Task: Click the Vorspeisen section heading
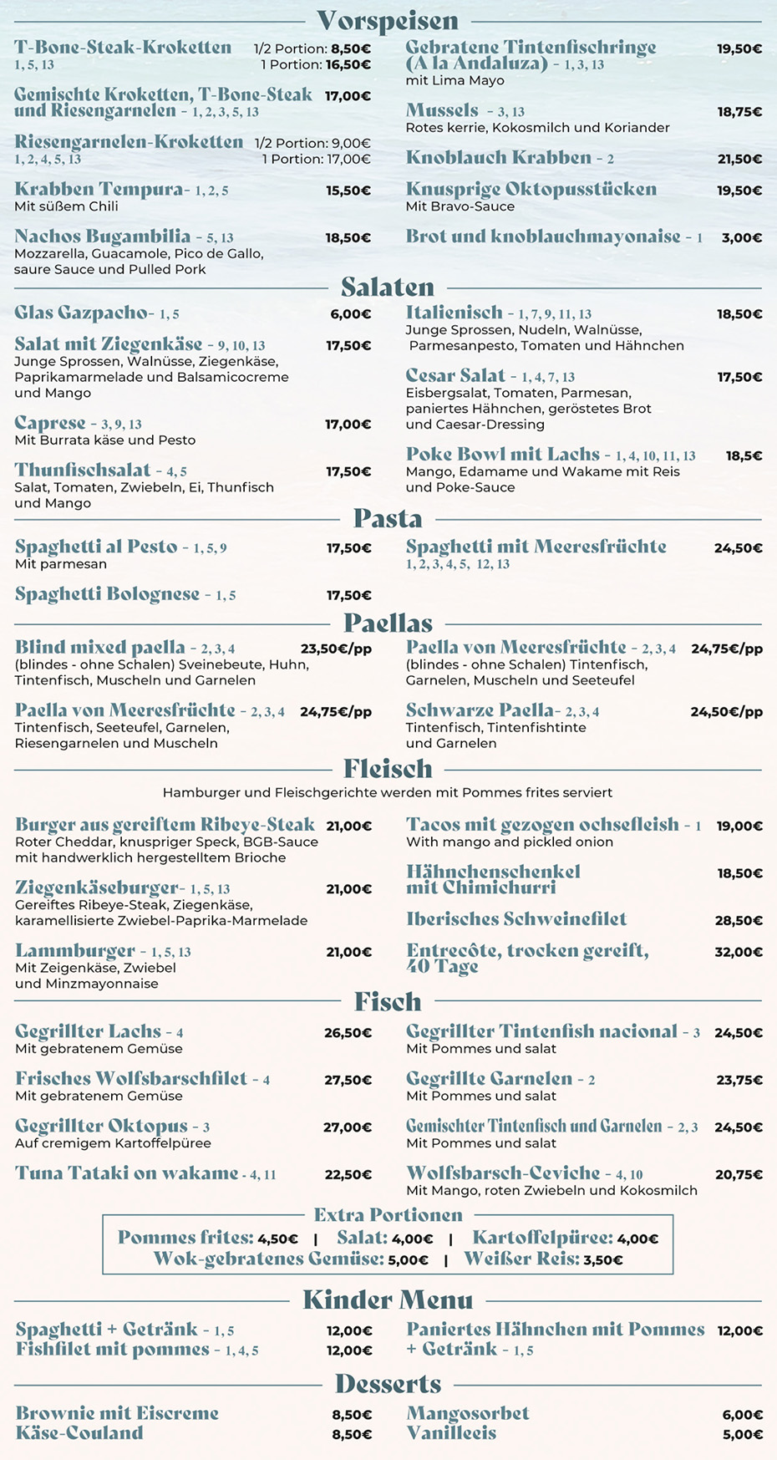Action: pos(388,21)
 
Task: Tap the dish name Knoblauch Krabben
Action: pos(498,158)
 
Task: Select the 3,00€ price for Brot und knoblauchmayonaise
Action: pos(741,238)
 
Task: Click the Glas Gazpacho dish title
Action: pos(81,313)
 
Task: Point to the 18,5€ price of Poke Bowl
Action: pos(744,456)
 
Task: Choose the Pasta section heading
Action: pos(388,518)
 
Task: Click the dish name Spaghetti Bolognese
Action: pos(107,594)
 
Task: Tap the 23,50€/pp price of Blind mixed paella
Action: pos(336,649)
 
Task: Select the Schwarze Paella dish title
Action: pos(480,710)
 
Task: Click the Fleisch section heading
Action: pos(388,768)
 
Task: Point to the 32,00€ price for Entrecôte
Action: pos(739,952)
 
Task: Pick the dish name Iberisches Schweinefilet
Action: pos(516,919)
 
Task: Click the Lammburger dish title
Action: pos(74,951)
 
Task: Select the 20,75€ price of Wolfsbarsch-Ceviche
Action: pos(739,1175)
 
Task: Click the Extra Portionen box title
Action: pos(388,1215)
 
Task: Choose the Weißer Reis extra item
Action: pos(521,1259)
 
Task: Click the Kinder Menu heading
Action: pos(388,1300)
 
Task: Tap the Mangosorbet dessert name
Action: pos(468,1414)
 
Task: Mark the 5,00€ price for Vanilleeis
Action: pos(742,1435)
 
